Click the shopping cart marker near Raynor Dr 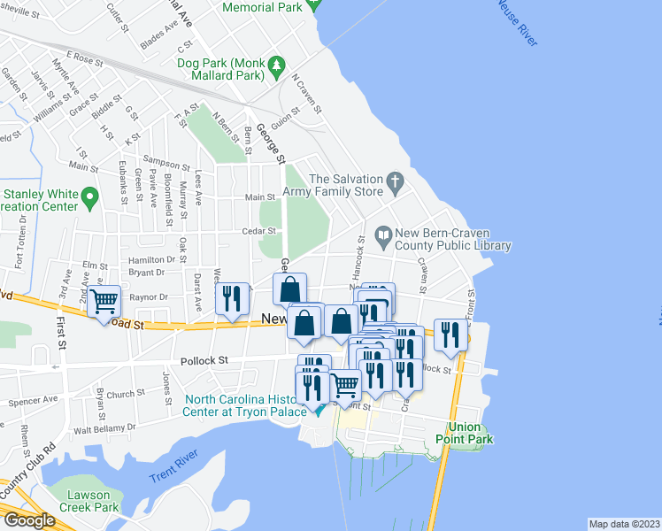click(105, 302)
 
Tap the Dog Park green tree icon click(277, 64)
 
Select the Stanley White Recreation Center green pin click(89, 195)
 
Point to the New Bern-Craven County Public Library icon click(383, 235)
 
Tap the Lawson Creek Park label click(89, 502)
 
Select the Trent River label click(172, 471)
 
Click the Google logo click(28, 520)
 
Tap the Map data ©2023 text click(625, 524)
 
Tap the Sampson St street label click(166, 165)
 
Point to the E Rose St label click(84, 58)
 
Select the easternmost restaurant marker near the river click(451, 334)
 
